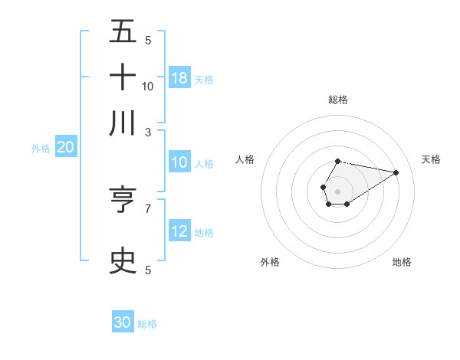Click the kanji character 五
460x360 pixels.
click(123, 33)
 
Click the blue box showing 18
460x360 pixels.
click(179, 77)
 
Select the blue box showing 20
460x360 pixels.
click(66, 148)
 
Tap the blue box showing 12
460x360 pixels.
click(179, 232)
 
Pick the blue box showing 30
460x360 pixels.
click(123, 322)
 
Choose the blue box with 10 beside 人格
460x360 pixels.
click(179, 162)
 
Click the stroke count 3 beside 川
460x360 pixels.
click(148, 132)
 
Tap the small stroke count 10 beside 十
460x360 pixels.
click(148, 86)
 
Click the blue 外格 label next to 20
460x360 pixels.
click(40, 149)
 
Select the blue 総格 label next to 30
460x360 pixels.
click(147, 324)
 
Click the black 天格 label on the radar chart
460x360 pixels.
click(431, 159)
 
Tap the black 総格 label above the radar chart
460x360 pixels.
click(338, 100)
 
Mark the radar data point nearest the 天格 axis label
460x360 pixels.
click(396, 172)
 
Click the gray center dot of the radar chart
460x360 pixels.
click(337, 191)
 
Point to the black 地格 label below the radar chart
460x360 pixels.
click(402, 262)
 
